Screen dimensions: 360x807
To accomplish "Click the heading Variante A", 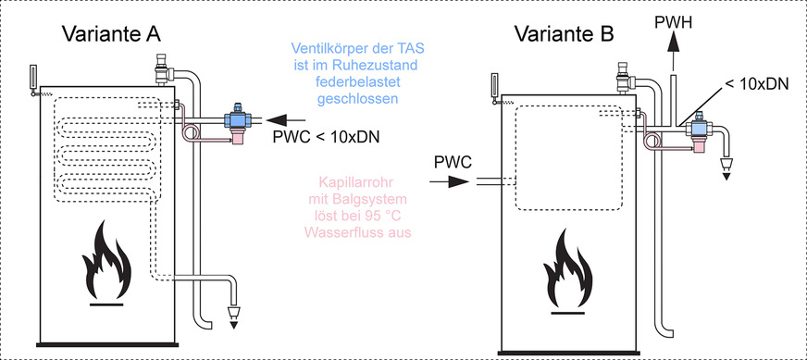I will click(111, 34).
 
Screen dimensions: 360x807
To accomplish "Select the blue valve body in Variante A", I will click(239, 120).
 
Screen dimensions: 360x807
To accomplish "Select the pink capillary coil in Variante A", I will click(192, 133).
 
